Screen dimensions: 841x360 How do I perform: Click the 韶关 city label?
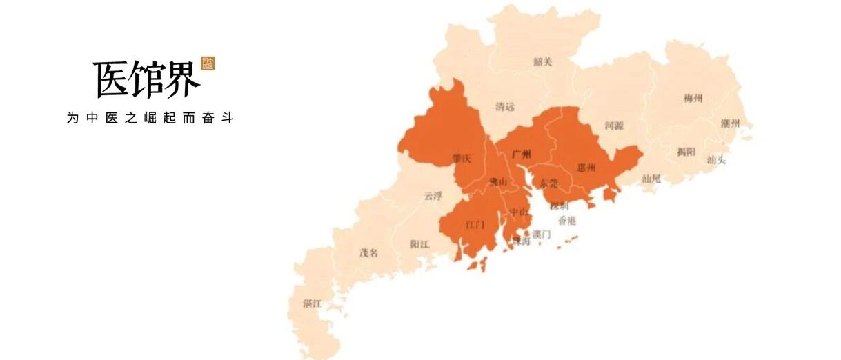[543, 62]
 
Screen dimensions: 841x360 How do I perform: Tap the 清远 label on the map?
[505, 107]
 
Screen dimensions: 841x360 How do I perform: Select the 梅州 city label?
[693, 99]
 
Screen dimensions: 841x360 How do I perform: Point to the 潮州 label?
[730, 124]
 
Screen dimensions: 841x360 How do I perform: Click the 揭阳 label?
[686, 152]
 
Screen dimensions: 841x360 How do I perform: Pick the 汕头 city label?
[716, 160]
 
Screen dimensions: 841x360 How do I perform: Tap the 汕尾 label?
[651, 179]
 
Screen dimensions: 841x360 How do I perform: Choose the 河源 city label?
[614, 126]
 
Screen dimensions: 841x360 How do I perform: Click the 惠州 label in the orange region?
[586, 168]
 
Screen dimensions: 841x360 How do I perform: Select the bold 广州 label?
[522, 154]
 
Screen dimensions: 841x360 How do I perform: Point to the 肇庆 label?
[461, 159]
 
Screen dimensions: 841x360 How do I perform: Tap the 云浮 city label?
[433, 196]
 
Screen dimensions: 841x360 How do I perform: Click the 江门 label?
[475, 225]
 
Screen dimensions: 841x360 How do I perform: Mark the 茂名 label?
[368, 252]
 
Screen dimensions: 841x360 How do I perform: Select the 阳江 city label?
[419, 244]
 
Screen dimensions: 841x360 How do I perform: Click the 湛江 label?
[312, 303]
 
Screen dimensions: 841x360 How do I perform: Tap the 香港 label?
[566, 221]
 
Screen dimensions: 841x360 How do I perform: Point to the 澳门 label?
[542, 234]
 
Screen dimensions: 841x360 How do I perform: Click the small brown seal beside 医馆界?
[208, 63]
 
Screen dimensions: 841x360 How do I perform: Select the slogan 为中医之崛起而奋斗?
[150, 118]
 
